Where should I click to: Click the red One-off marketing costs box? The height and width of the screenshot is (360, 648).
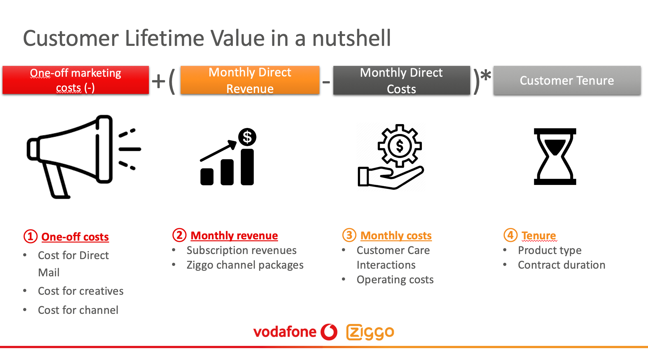point(76,80)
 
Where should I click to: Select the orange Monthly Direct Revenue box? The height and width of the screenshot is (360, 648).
point(250,80)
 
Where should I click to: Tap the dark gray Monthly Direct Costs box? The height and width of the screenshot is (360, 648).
point(401,80)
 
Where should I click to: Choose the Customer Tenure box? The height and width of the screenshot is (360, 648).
point(567,80)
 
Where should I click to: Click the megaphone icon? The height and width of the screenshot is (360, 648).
point(84,157)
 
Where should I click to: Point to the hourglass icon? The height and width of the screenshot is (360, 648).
point(555,157)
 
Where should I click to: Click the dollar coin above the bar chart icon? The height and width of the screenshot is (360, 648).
point(247,137)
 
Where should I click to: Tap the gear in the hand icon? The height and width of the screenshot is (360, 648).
point(400,146)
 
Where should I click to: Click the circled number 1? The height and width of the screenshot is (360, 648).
point(31,236)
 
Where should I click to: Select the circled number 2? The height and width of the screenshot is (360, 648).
point(179,235)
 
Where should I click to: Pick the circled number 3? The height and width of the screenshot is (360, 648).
point(349,235)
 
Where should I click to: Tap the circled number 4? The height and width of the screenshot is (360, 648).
point(511,235)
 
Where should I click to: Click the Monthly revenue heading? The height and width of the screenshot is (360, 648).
point(234,236)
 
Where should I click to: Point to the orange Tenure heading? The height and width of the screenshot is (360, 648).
point(539,236)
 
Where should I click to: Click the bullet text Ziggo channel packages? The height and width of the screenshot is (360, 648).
point(245,265)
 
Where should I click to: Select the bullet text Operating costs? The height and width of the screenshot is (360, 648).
point(395,279)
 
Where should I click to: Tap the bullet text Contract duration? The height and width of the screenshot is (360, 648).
point(561,265)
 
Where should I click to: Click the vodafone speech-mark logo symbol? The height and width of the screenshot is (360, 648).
point(329,332)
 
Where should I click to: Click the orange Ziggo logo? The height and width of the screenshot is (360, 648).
point(370,332)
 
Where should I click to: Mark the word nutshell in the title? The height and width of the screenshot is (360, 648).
point(352,38)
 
